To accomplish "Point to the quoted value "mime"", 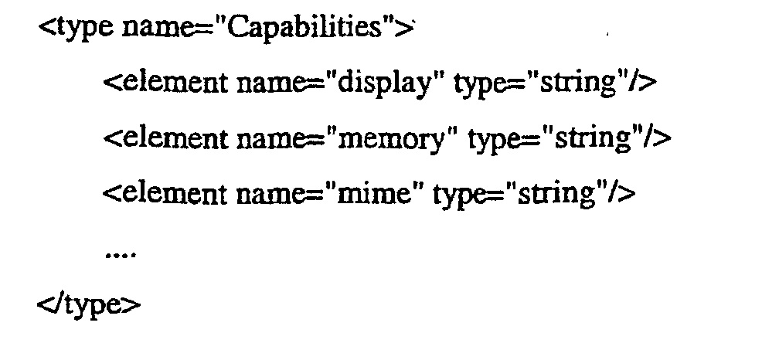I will pyautogui.click(x=374, y=192).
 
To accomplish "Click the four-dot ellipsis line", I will pyautogui.click(x=119, y=251).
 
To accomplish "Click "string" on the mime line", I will pyautogui.click(x=553, y=192).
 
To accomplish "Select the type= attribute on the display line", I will pyautogui.click(x=486, y=83).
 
